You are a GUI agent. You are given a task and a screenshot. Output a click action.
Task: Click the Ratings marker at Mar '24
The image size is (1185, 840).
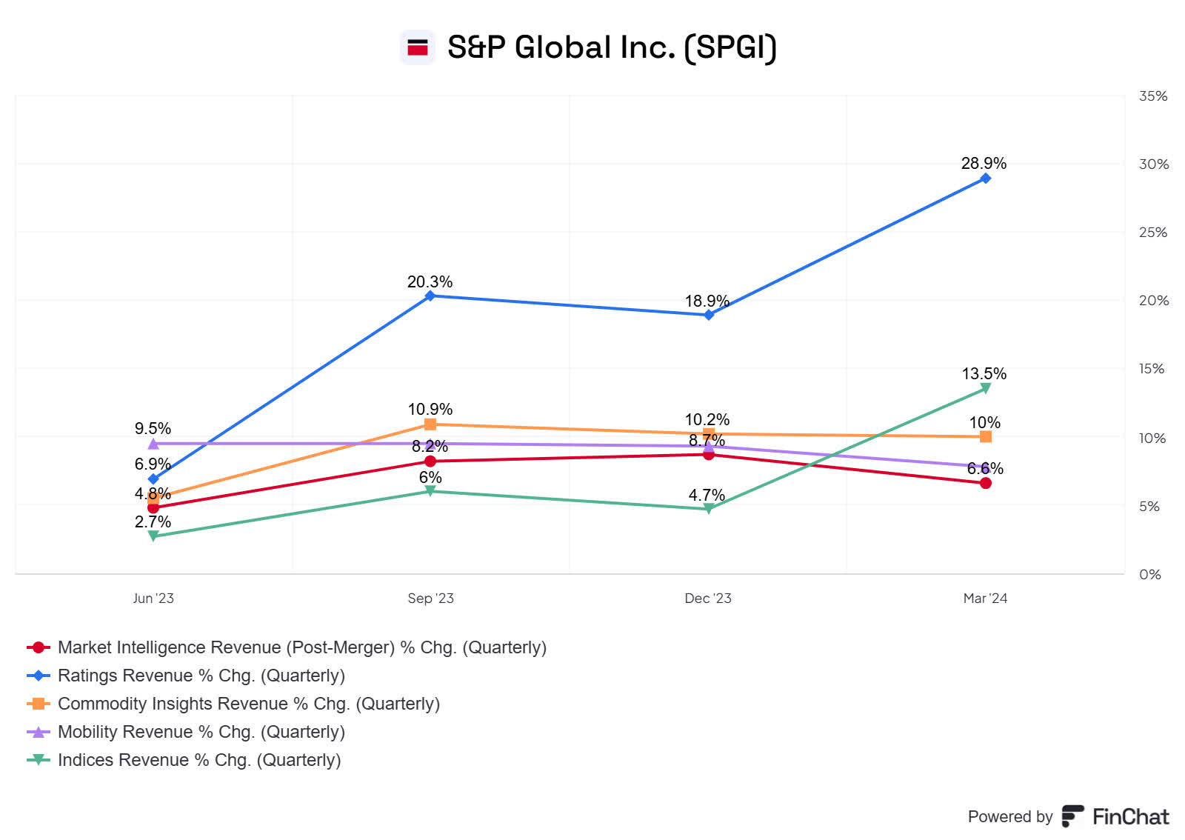(x=985, y=179)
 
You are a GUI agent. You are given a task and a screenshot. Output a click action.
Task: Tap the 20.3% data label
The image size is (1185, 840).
(x=430, y=282)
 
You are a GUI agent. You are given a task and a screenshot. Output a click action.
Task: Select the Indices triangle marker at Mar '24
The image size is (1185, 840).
(x=985, y=388)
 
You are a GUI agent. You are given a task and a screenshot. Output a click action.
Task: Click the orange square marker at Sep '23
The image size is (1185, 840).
(x=430, y=424)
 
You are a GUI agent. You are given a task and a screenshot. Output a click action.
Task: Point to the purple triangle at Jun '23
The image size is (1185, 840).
(x=153, y=444)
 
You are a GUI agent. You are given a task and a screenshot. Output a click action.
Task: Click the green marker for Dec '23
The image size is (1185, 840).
(x=709, y=509)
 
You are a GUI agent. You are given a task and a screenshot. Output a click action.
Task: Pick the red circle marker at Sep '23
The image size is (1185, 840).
(x=430, y=461)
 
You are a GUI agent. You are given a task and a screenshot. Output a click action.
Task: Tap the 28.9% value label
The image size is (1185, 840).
(x=984, y=164)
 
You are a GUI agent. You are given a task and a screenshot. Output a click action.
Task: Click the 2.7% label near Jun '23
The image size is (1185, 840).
(x=153, y=522)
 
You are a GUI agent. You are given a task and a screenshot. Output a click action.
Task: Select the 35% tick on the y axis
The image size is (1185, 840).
(x=1152, y=96)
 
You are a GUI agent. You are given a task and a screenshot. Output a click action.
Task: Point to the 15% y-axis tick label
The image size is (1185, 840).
(x=1151, y=369)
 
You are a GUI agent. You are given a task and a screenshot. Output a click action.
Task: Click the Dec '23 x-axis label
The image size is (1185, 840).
(x=708, y=599)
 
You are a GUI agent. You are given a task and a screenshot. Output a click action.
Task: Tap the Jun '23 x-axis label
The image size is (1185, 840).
(x=153, y=599)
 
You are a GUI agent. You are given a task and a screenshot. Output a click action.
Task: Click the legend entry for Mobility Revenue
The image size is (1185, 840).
(x=201, y=732)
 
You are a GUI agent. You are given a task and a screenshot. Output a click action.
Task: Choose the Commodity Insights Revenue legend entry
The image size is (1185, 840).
(x=248, y=704)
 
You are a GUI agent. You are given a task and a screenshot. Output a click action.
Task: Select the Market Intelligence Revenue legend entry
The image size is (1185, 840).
(x=301, y=647)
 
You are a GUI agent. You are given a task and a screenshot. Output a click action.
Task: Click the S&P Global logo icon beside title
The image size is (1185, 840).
(x=418, y=47)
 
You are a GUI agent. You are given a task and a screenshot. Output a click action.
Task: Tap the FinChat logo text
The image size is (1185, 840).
(x=1130, y=817)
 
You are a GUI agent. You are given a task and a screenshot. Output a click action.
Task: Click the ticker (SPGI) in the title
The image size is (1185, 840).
(x=730, y=47)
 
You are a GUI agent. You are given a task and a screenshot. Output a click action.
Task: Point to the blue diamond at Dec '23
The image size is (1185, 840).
(x=709, y=315)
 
